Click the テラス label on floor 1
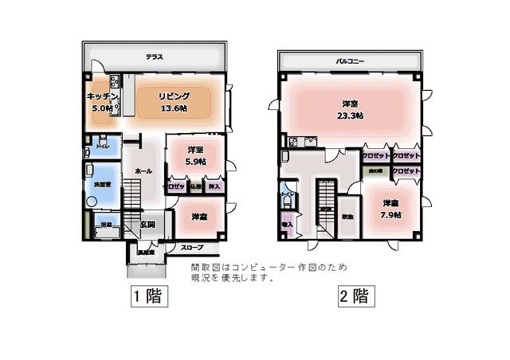(155, 57)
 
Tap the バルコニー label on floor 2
(350, 61)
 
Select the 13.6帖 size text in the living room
(174, 108)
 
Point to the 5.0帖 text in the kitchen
(101, 108)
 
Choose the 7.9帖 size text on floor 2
(390, 214)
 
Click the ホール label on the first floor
(143, 171)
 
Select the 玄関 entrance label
(148, 225)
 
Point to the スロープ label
(191, 248)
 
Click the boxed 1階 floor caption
(147, 297)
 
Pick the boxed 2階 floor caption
(351, 297)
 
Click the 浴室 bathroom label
(105, 226)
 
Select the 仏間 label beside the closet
(195, 186)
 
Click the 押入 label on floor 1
(214, 186)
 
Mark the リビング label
(174, 96)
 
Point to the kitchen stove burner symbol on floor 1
(115, 81)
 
